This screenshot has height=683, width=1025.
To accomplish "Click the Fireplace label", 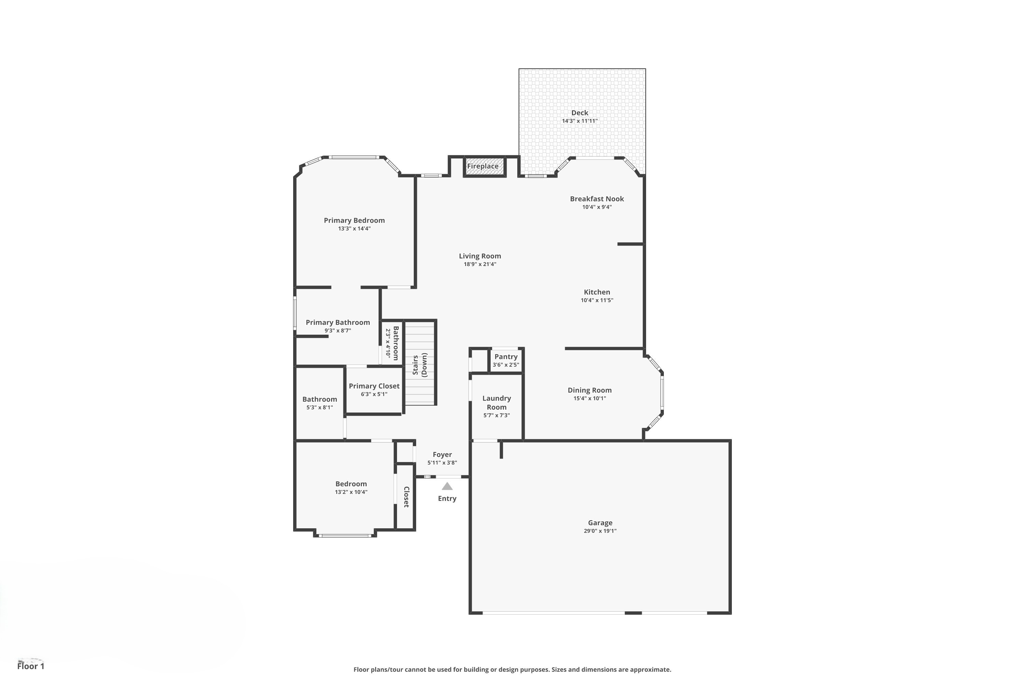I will (x=482, y=166).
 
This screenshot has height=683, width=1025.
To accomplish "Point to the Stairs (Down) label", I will (x=420, y=365).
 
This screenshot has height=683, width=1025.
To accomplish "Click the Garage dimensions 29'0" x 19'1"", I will (x=600, y=531).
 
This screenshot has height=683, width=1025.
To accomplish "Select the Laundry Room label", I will (x=496, y=403).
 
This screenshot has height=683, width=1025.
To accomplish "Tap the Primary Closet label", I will (x=374, y=386).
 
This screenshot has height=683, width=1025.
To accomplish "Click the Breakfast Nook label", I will (x=597, y=199).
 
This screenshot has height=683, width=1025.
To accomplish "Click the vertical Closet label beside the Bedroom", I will (x=406, y=497).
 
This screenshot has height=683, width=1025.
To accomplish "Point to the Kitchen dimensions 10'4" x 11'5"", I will (x=597, y=300).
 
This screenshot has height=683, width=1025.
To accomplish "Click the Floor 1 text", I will (x=30, y=666).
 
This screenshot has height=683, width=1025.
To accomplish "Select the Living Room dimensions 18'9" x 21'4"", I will (x=480, y=264).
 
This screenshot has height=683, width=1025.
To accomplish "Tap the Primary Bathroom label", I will (x=338, y=322).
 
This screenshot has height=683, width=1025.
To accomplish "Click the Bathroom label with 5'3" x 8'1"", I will (x=319, y=399).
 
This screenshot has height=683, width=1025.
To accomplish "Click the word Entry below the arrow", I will (x=447, y=498).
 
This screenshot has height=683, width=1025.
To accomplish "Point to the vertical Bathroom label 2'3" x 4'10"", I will (x=396, y=343).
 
